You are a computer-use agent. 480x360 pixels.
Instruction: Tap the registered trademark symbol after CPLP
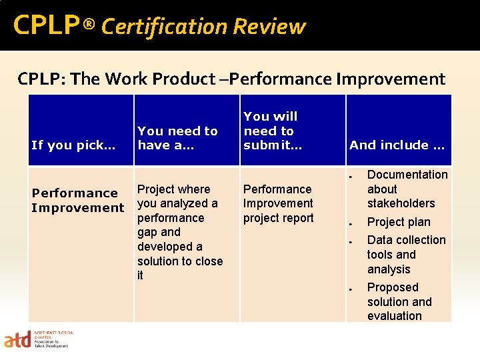[89, 26]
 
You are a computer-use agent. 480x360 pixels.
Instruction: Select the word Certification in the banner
[164, 27]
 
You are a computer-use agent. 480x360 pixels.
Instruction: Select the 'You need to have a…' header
[177, 138]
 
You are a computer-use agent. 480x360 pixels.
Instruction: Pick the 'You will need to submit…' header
[270, 131]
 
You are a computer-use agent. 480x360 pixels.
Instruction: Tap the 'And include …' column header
[397, 145]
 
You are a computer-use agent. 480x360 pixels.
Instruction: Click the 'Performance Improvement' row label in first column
[77, 200]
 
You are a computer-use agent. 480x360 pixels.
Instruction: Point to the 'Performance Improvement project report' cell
[278, 203]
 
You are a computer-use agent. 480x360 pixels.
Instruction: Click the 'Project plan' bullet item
[399, 222]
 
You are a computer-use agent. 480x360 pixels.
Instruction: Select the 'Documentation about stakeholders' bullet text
[407, 189]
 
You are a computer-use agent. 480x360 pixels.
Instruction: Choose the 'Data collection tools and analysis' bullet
[406, 255]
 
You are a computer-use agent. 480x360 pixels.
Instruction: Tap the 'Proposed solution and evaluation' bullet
[399, 301]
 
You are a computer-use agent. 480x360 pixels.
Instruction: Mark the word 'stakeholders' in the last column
[401, 203]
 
